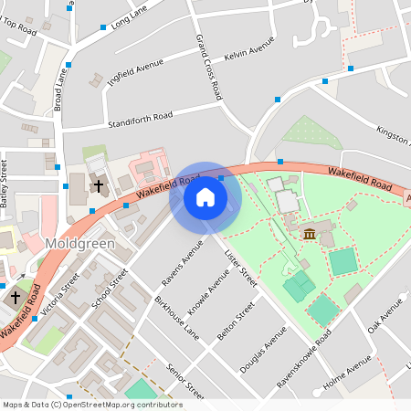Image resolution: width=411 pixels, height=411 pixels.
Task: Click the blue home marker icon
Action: [205, 197]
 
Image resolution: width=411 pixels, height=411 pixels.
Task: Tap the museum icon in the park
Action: [310, 236]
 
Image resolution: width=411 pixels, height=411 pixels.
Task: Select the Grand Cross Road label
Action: [209, 67]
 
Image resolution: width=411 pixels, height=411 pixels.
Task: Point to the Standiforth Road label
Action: [140, 120]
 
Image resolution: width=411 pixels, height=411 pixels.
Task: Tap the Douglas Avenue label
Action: [257, 358]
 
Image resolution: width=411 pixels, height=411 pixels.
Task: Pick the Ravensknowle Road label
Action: [302, 357]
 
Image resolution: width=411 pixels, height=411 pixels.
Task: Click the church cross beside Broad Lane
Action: [98, 186]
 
